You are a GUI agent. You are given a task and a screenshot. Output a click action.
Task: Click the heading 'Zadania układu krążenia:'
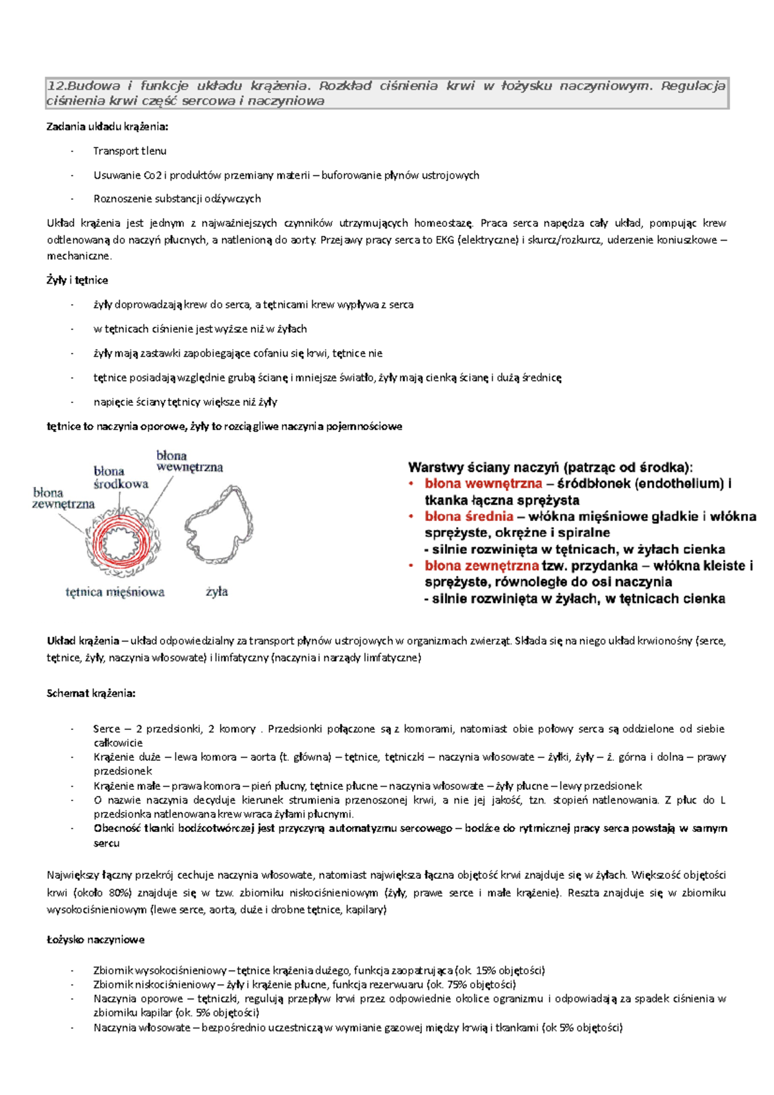pos(107,126)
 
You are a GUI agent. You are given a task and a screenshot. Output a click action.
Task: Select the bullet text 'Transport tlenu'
pos(130,151)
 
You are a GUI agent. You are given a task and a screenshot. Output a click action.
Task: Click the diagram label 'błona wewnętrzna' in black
pos(189,461)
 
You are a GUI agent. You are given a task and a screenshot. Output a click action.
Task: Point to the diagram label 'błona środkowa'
pos(121,477)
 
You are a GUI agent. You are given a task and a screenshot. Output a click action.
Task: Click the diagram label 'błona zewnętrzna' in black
pos(63,498)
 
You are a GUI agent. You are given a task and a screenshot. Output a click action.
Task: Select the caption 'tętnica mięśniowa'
pos(115,592)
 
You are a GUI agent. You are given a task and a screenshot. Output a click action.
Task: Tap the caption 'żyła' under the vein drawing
pos(217,591)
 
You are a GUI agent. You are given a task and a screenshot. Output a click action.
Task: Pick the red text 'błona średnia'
pos(469,516)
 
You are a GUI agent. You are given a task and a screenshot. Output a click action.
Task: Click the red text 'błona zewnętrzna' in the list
pos(481,566)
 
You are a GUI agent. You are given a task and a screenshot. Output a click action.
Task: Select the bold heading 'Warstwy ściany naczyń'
pos(484,468)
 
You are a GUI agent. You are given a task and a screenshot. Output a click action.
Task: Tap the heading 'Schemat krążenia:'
pos(91,693)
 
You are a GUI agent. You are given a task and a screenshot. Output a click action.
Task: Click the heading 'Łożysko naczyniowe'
pos(95,940)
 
